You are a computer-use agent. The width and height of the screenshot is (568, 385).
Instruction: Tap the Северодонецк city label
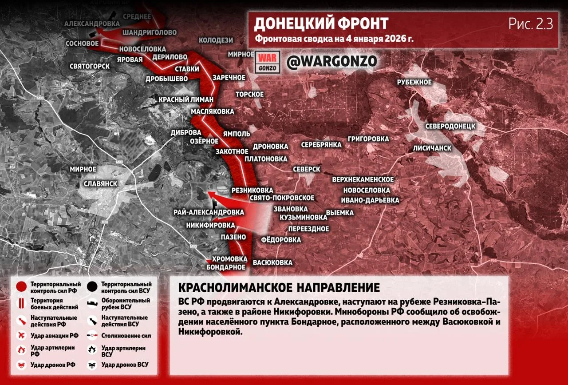pyautogui.click(x=450, y=126)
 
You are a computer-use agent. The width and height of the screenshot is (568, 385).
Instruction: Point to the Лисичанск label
pyautogui.click(x=432, y=148)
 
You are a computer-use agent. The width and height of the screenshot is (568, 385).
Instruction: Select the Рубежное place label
pyautogui.click(x=414, y=82)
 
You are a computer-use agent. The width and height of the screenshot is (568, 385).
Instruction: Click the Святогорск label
pyautogui.click(x=90, y=66)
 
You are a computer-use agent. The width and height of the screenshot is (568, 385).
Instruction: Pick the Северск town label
pyautogui.click(x=307, y=170)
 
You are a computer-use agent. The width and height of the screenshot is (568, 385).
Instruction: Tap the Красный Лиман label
pyautogui.click(x=186, y=99)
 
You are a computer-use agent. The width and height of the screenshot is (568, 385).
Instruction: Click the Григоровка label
pyautogui.click(x=368, y=139)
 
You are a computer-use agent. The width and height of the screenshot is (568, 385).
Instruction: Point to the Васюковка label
pyautogui.click(x=272, y=262)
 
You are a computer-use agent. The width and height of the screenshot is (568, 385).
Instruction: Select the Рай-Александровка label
pyautogui.click(x=209, y=212)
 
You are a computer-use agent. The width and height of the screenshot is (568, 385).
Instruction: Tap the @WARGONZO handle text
pyautogui.click(x=331, y=61)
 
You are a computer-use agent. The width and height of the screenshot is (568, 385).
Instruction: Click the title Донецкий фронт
pyautogui.click(x=321, y=23)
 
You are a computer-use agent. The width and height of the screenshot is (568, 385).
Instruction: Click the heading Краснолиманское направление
pyautogui.click(x=279, y=286)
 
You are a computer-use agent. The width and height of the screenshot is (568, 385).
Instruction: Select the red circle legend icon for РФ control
pyautogui.click(x=21, y=287)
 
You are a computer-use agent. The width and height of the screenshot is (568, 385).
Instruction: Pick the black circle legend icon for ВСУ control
pyautogui.click(x=92, y=287)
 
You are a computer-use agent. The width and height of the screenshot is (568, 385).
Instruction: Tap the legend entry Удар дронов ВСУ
pyautogui.click(x=125, y=365)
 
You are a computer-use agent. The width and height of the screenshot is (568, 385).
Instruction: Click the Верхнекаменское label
pyautogui.click(x=363, y=179)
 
